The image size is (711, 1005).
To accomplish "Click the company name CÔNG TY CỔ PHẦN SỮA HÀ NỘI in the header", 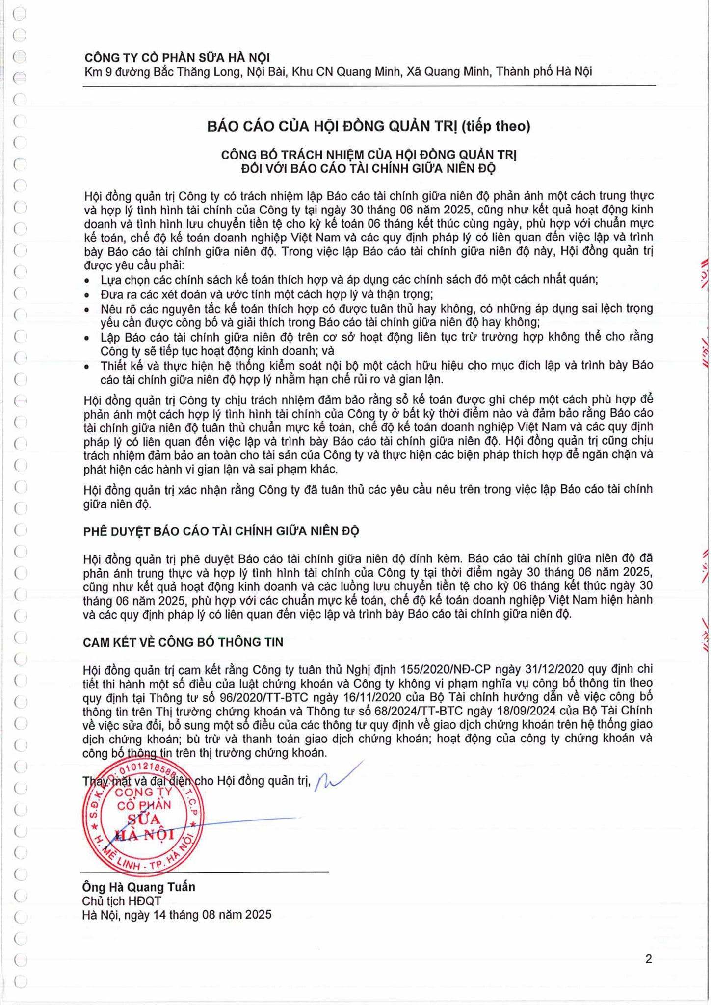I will [177, 58].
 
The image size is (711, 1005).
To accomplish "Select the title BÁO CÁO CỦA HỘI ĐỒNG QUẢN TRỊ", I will [333, 127].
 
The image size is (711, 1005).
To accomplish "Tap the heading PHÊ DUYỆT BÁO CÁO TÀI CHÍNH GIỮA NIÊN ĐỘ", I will [221, 531].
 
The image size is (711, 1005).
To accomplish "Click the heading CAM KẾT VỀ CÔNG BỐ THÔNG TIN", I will [183, 642].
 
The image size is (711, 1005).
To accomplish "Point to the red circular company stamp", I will [143, 817].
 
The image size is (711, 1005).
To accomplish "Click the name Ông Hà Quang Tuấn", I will [139, 887].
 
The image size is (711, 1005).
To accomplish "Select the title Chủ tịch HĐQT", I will [122, 901].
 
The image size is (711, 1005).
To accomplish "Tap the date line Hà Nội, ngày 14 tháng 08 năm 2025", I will [177, 915].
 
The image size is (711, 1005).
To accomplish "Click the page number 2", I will [649, 959].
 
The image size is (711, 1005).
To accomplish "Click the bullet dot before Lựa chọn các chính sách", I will [87, 281].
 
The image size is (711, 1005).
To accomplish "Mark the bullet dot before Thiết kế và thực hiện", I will [87, 367].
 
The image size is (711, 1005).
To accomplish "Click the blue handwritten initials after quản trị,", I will [338, 777].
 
